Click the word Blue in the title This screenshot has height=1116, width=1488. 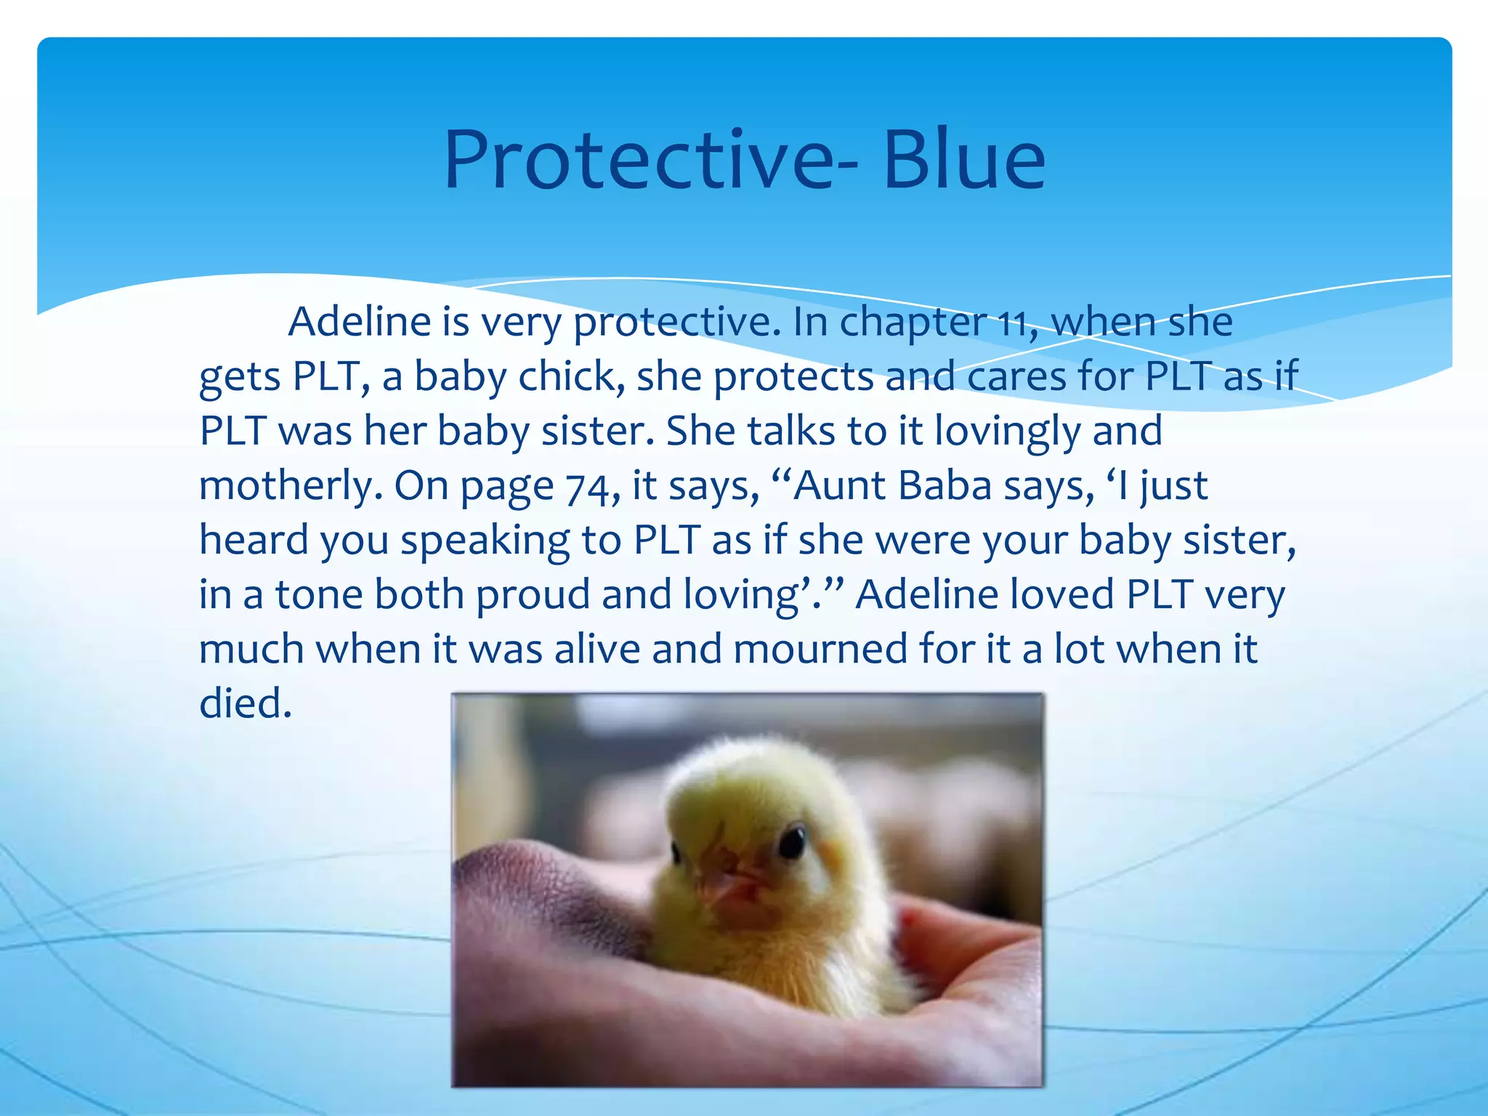coord(964,160)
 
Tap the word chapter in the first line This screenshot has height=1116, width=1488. coord(913,323)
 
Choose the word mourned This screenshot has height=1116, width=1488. coord(820,649)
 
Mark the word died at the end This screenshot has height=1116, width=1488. coord(246,703)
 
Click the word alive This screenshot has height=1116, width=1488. coord(597,649)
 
